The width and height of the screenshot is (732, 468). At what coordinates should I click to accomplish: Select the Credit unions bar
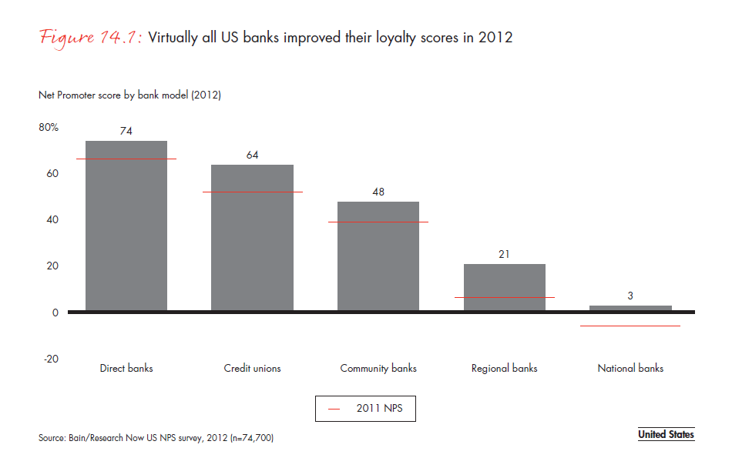point(252,238)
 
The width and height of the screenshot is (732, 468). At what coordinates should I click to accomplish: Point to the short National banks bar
point(630,308)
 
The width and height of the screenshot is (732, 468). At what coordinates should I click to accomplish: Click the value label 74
point(126,131)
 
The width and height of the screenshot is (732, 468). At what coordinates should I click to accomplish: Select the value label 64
point(252,155)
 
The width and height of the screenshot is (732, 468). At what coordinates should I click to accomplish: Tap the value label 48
point(378,192)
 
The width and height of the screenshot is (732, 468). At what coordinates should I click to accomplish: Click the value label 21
point(505,254)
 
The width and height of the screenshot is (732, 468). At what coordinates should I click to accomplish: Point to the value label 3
point(630,296)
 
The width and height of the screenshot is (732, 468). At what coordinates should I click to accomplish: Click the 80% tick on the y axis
point(49,127)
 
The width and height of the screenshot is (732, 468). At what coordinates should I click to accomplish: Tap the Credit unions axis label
point(252,368)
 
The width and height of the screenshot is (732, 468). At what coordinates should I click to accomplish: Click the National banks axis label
point(630,368)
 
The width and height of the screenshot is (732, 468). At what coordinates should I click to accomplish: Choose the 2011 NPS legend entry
point(365,409)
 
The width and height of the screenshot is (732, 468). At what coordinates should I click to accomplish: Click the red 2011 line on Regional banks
point(505,297)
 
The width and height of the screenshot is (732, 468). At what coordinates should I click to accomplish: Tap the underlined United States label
point(666,435)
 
